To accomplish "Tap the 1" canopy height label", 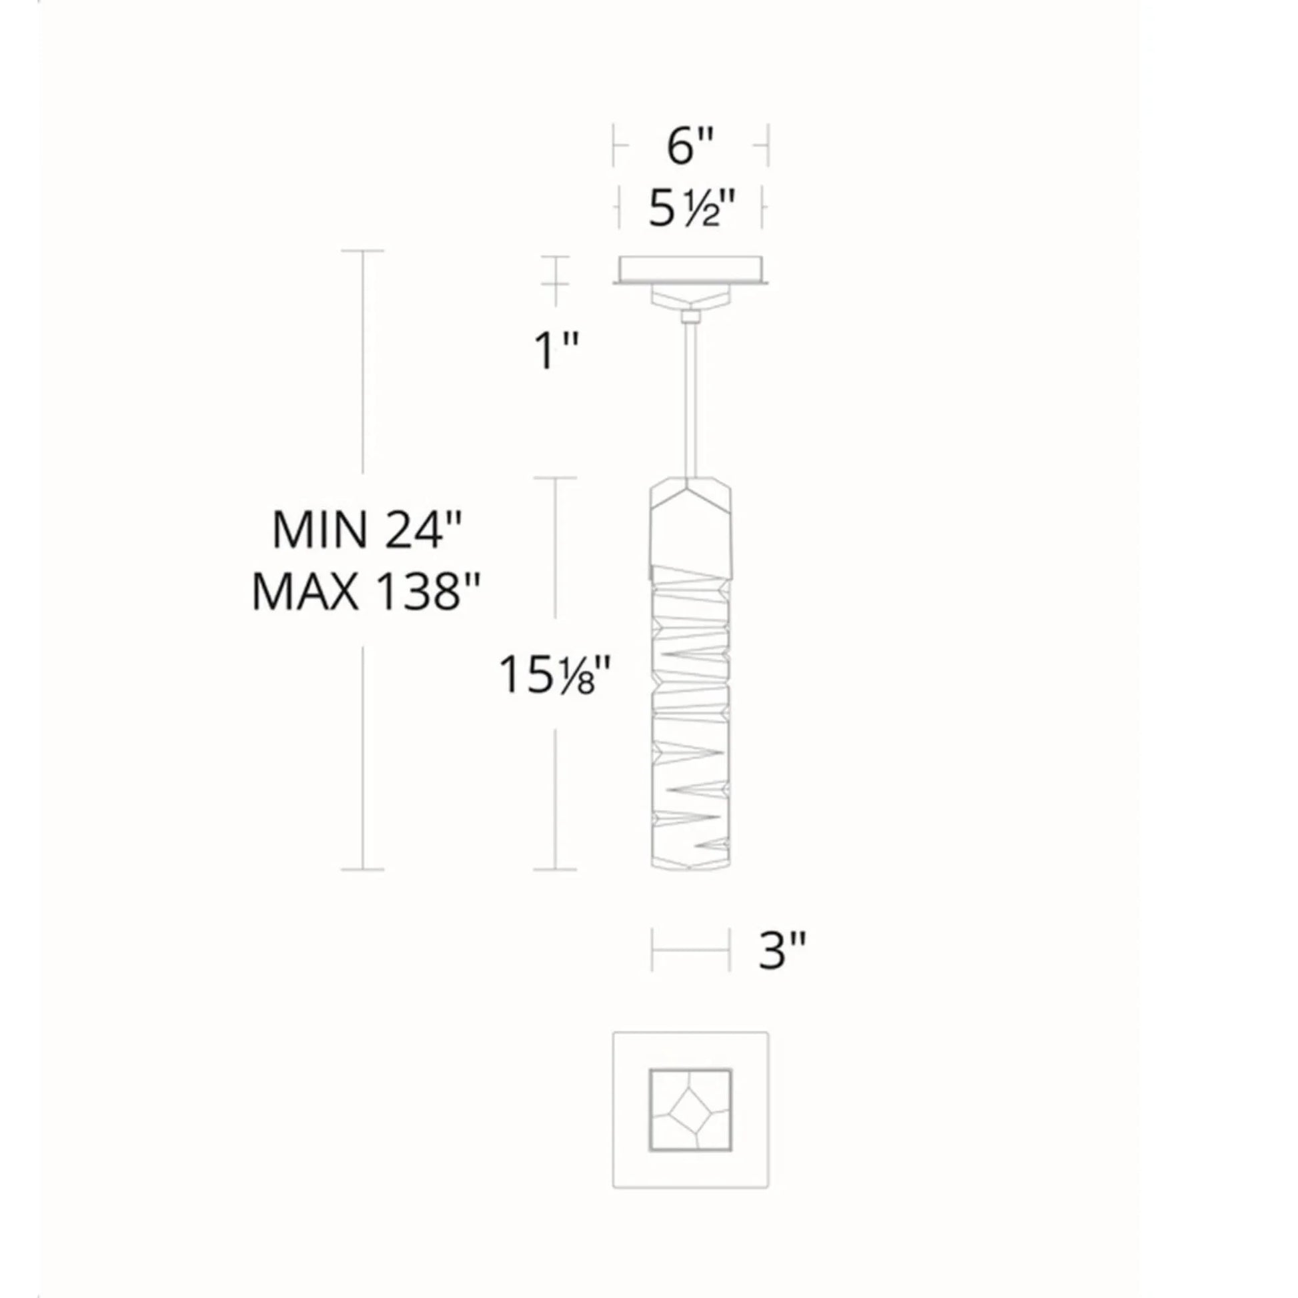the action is coord(556,350).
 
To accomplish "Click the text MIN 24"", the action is coord(368,530).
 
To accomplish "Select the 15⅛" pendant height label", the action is coord(554,674).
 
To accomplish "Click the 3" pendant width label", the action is coord(782,950).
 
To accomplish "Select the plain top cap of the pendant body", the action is coord(690,522).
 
